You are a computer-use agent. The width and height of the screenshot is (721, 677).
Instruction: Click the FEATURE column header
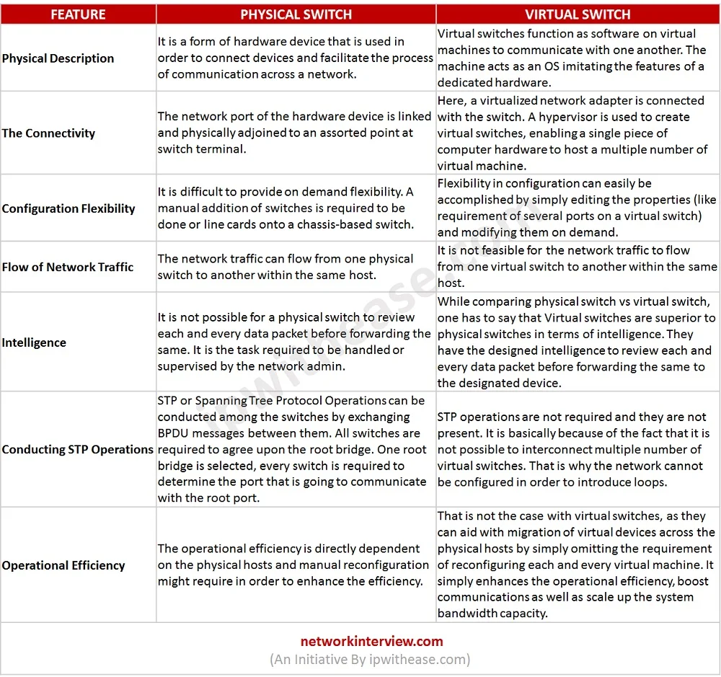[78, 14]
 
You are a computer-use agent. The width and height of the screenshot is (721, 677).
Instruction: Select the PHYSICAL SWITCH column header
[296, 14]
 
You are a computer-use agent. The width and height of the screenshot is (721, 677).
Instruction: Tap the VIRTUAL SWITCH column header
[578, 14]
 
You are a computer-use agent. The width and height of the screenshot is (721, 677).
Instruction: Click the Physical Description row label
[58, 58]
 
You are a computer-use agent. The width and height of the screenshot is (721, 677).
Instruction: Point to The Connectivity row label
[48, 133]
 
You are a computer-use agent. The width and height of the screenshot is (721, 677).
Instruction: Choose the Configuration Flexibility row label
[68, 208]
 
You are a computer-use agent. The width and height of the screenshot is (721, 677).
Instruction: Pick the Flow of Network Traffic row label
[68, 267]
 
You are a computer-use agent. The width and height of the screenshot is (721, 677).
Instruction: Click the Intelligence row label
[34, 342]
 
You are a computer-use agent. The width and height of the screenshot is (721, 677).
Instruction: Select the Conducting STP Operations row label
[77, 449]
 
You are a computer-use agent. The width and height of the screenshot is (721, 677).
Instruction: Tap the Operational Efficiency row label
[63, 565]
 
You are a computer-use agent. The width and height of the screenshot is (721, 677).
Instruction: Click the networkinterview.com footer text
[371, 641]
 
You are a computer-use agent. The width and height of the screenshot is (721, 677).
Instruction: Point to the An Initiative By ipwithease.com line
[370, 659]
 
